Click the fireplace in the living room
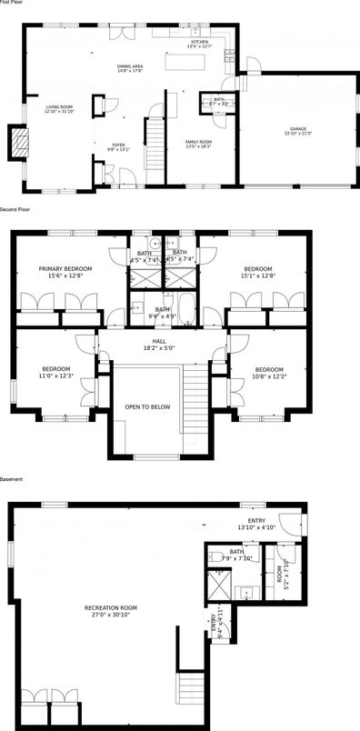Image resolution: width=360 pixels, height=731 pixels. coord(16,141)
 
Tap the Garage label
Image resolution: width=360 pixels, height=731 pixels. coord(298,129)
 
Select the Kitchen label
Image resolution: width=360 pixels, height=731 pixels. coord(199,42)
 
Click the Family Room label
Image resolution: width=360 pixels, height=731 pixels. coord(198,142)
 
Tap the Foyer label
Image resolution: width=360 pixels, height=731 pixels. coord(119,145)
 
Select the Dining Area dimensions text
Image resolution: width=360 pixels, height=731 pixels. coord(131,72)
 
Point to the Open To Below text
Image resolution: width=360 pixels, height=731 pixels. coord(147,406)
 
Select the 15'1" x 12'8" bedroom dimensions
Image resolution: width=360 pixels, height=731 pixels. coord(258,275)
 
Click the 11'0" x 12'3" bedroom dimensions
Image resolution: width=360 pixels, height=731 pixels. coord(55,376)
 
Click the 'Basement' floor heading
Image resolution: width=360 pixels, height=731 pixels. coord(11,479)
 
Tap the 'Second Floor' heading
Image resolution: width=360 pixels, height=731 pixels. coord(15,210)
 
